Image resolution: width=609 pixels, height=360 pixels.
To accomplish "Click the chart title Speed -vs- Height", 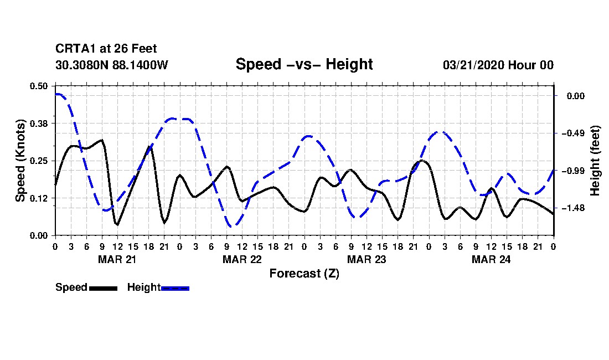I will [304, 64].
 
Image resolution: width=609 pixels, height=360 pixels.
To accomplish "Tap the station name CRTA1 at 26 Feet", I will [106, 49].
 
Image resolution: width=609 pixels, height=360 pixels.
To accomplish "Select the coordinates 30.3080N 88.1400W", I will [111, 65].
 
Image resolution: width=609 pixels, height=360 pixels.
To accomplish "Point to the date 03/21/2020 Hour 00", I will [498, 65].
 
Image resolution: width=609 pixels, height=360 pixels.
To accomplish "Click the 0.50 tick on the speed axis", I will [39, 86].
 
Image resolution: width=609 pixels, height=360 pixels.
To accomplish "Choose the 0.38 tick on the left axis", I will [39, 123].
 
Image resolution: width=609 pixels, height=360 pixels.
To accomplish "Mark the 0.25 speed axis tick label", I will [39, 161].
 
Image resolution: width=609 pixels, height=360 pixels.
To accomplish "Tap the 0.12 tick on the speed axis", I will [39, 198].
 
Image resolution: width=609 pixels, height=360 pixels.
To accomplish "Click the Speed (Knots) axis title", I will [20, 161].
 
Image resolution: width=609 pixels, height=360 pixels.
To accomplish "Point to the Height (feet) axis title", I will [595, 161].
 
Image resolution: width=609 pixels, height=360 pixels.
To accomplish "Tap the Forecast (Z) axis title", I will [304, 273].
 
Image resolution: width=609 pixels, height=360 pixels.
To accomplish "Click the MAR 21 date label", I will [117, 259].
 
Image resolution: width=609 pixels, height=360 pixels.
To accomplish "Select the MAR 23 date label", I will [366, 259].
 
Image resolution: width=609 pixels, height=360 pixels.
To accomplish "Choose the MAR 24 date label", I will [491, 259].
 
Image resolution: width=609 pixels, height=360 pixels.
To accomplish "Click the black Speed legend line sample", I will [102, 288].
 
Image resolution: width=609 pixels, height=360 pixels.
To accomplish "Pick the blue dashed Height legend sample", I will [175, 288].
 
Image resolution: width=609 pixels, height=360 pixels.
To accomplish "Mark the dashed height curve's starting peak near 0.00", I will [58, 95].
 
